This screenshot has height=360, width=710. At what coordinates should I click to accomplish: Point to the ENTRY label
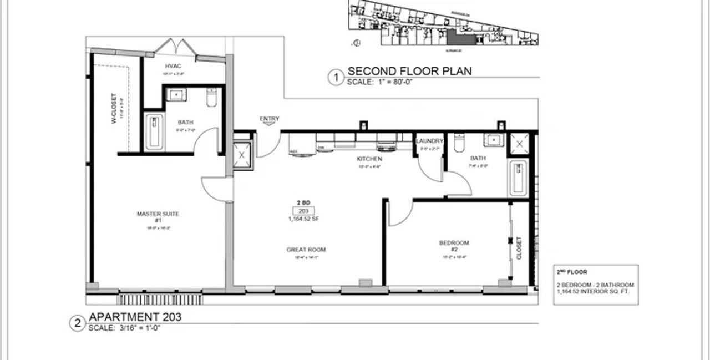coord(270,119)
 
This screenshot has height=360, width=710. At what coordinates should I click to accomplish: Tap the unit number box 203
coord(303,211)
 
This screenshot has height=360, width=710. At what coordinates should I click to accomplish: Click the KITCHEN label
coord(369,159)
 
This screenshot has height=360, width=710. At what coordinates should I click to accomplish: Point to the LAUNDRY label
coord(429,141)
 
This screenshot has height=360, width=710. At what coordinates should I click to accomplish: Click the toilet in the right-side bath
coord(459,143)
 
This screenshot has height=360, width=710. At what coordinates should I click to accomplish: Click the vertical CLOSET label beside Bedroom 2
coord(519,248)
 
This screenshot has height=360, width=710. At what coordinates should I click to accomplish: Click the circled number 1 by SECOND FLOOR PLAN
coord(335,77)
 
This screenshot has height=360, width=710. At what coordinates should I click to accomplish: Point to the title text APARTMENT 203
coord(135,317)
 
